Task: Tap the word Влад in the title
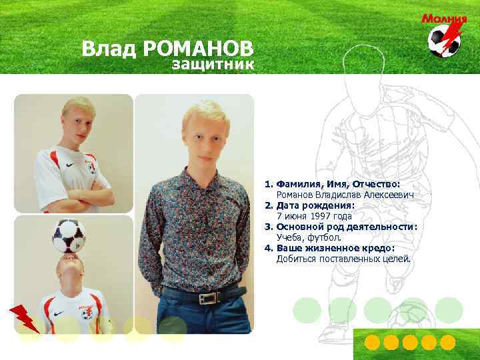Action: [109, 49]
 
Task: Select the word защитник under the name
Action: [213, 65]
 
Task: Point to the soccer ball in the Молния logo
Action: [442, 41]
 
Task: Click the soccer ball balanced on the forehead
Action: [69, 235]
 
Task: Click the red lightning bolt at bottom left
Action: [25, 318]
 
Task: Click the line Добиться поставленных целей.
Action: [344, 259]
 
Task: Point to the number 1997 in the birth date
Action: [323, 216]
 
